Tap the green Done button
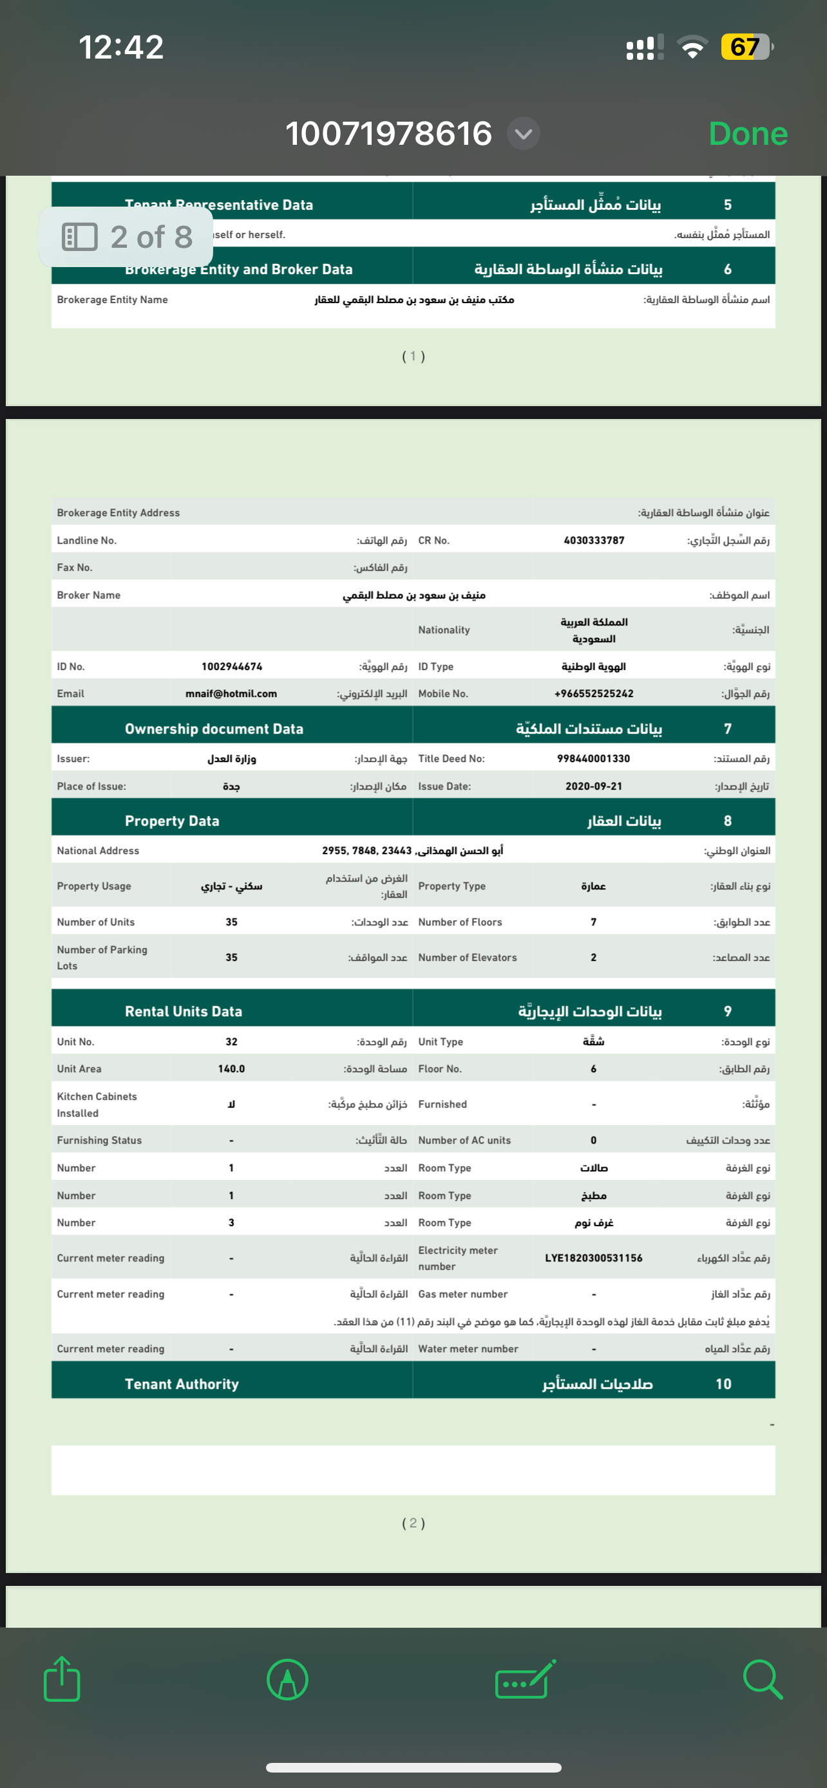[748, 133]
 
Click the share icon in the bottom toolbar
[62, 1679]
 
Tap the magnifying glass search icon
[763, 1679]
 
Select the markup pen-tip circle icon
[287, 1679]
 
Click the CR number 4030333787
[594, 540]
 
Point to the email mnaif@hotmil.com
[231, 693]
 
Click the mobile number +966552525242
[594, 693]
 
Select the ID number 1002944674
[232, 666]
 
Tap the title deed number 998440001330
[594, 759]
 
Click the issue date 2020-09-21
[594, 787]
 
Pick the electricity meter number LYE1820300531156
[594, 1258]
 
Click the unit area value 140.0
[231, 1069]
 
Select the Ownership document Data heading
[214, 729]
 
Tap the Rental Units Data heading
[184, 1011]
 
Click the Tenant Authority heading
[182, 1384]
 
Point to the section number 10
[723, 1384]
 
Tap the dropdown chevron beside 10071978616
[524, 133]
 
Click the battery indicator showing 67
[746, 47]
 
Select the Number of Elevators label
[468, 957]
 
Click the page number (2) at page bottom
[413, 1523]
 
